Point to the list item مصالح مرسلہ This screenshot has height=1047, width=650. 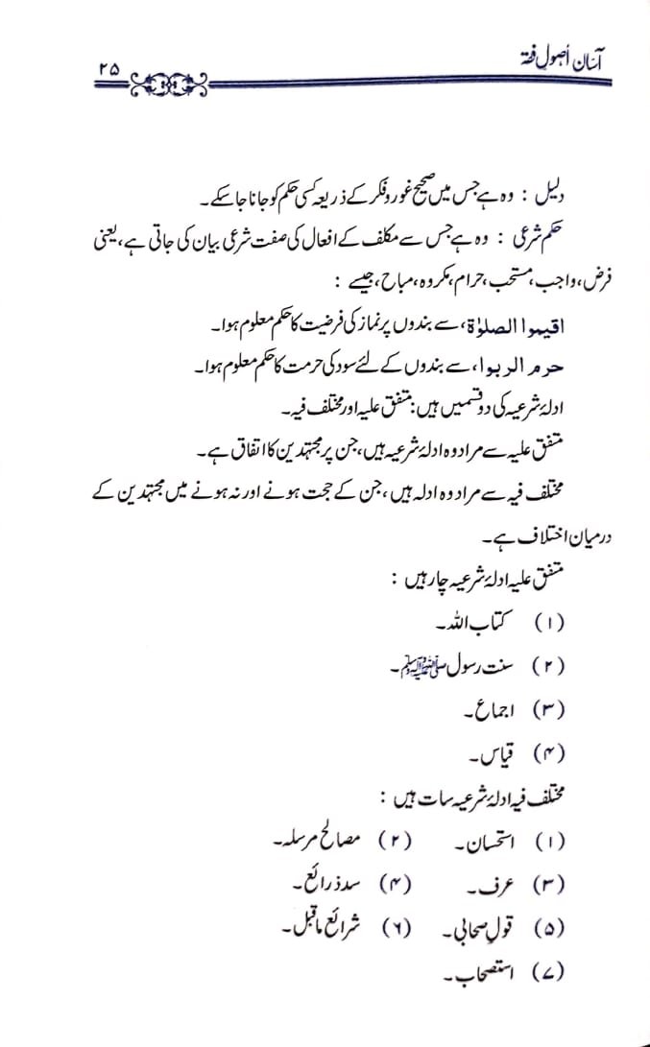pos(301,840)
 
